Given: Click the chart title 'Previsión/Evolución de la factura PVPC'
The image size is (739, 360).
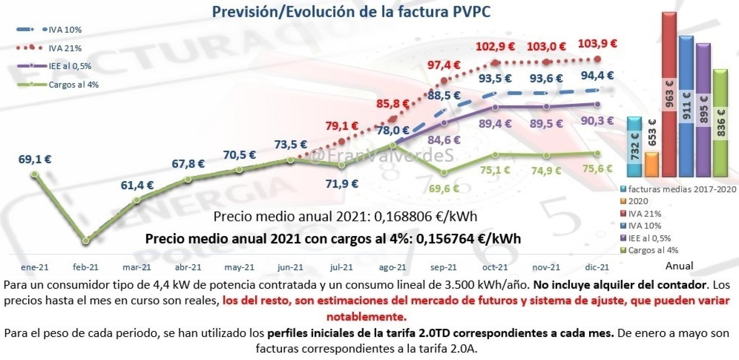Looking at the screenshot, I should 351,12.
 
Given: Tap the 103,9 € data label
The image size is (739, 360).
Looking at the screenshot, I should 597,43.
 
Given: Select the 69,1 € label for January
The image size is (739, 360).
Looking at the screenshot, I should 35,159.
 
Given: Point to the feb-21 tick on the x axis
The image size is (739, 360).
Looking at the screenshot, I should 86,267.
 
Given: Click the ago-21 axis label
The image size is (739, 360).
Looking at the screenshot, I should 392,267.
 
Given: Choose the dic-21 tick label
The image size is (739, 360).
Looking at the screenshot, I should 597,267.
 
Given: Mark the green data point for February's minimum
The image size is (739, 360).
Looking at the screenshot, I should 86,240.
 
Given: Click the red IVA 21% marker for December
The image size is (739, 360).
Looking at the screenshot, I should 598,59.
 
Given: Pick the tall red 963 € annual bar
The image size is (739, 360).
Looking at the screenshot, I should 669,95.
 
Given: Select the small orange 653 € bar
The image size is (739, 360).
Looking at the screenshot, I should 651,164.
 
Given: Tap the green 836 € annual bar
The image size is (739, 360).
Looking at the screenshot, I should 720,123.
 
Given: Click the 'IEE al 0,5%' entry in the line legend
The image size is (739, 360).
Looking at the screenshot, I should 69,66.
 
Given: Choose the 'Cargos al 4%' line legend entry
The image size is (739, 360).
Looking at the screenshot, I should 73,85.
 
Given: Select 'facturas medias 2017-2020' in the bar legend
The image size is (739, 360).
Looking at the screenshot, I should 681,189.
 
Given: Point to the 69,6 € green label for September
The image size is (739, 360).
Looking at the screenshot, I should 444,188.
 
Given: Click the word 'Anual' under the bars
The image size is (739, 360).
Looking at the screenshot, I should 679,266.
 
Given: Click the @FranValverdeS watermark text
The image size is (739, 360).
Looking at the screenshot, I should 381,155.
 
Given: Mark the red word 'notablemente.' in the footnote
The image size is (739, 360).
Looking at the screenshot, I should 366,317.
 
